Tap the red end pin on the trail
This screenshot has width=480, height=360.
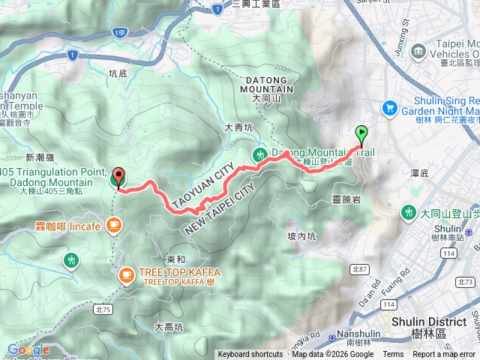(x=118, y=179)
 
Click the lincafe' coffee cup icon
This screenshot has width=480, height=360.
(x=113, y=223)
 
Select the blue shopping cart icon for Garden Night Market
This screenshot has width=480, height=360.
(x=389, y=109)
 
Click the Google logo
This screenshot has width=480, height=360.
(x=28, y=349)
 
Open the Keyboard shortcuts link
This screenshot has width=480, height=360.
(x=250, y=355)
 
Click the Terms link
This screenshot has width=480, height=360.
(x=393, y=355)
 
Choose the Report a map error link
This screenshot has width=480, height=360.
(x=444, y=355)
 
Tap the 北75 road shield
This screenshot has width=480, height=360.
(x=103, y=309)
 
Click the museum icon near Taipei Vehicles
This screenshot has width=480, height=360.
(x=418, y=53)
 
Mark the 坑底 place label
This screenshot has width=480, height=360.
(x=118, y=73)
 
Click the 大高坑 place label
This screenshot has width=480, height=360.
(x=168, y=327)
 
